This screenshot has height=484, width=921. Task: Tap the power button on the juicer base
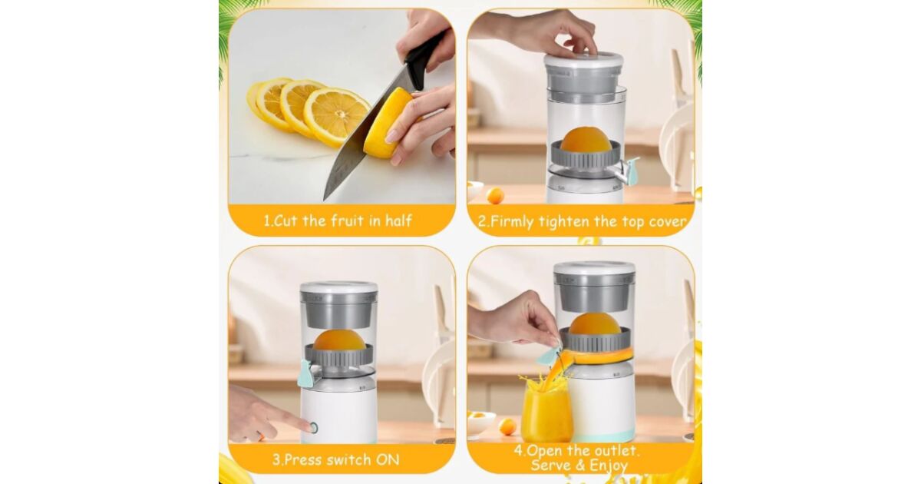pos(313,428)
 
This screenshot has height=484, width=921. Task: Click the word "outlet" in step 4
pos(613,451)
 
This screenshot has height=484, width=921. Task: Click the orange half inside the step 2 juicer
pos(585,140)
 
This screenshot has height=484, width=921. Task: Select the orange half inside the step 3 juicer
pos(339,341)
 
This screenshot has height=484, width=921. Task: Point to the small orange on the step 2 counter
pos(495,195)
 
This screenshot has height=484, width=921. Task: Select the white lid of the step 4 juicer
pos(594,268)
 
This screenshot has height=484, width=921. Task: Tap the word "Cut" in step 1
pos(285,220)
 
